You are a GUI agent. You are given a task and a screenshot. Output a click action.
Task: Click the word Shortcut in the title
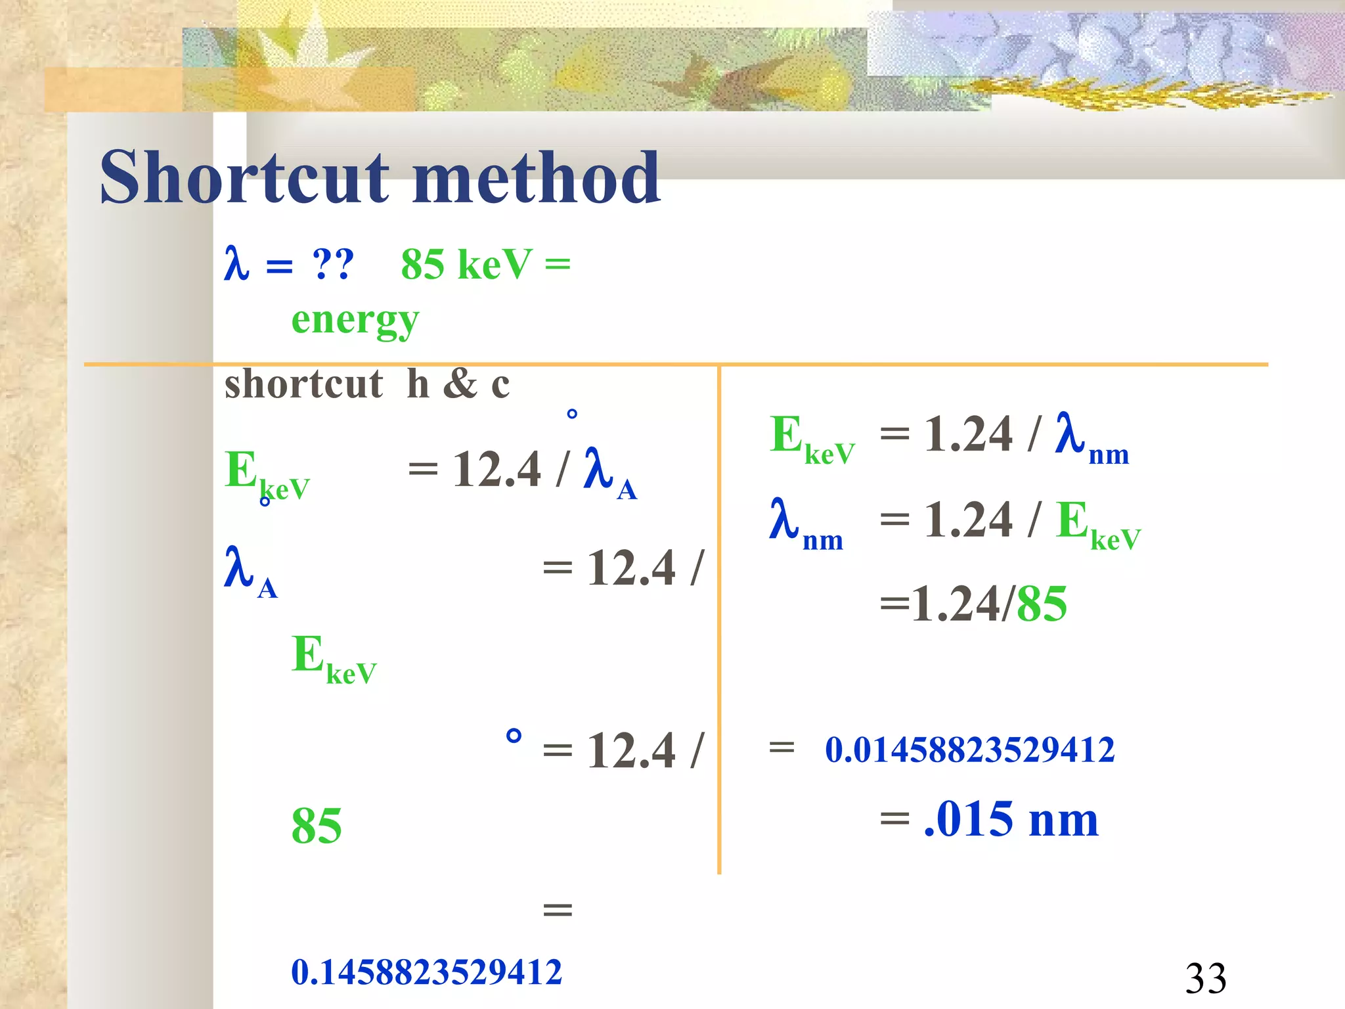pyautogui.click(x=244, y=177)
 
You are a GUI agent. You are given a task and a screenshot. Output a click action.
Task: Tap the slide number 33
pyautogui.click(x=1205, y=978)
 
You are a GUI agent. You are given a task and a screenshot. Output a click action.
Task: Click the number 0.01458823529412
pyautogui.click(x=969, y=750)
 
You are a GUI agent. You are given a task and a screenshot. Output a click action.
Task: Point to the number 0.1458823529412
pyautogui.click(x=426, y=972)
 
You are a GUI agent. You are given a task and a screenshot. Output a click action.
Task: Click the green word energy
pyautogui.click(x=355, y=321)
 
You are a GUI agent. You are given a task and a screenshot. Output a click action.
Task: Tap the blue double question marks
pyautogui.click(x=333, y=264)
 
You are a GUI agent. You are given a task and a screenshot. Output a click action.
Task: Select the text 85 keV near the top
pyautogui.click(x=466, y=264)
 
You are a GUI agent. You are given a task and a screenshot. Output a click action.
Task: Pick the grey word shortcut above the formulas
pyautogui.click(x=303, y=384)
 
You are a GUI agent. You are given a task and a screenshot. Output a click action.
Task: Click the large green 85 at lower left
pyautogui.click(x=317, y=826)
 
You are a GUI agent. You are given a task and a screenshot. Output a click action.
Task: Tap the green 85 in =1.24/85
pyautogui.click(x=1042, y=604)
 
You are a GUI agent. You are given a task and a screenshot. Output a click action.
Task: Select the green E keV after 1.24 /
pyautogui.click(x=1097, y=524)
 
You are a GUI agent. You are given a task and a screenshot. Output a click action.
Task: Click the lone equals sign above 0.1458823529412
pyautogui.click(x=558, y=910)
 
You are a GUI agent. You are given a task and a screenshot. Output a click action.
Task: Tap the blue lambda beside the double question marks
pyautogui.click(x=236, y=264)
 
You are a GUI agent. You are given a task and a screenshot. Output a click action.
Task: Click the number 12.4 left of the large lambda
pyautogui.click(x=496, y=469)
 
